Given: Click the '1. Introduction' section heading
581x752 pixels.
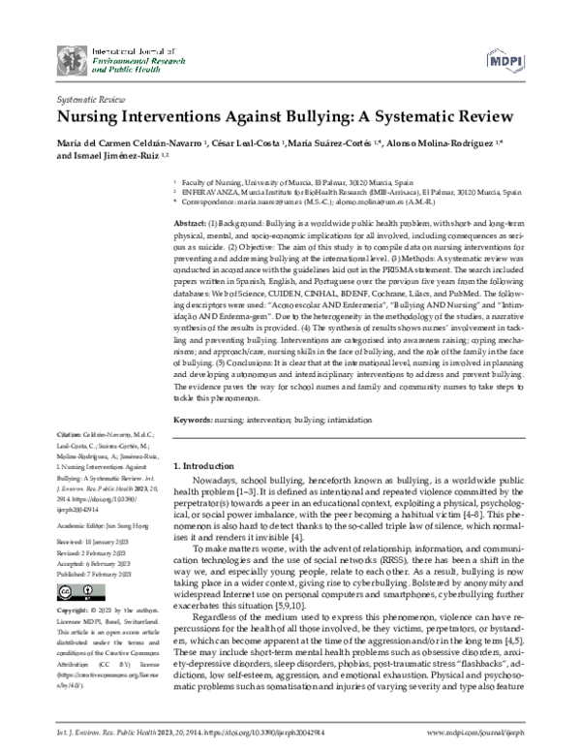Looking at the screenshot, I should pyautogui.click(x=209, y=466).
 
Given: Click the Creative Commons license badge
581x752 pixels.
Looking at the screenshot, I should pyautogui.click(x=67, y=592).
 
